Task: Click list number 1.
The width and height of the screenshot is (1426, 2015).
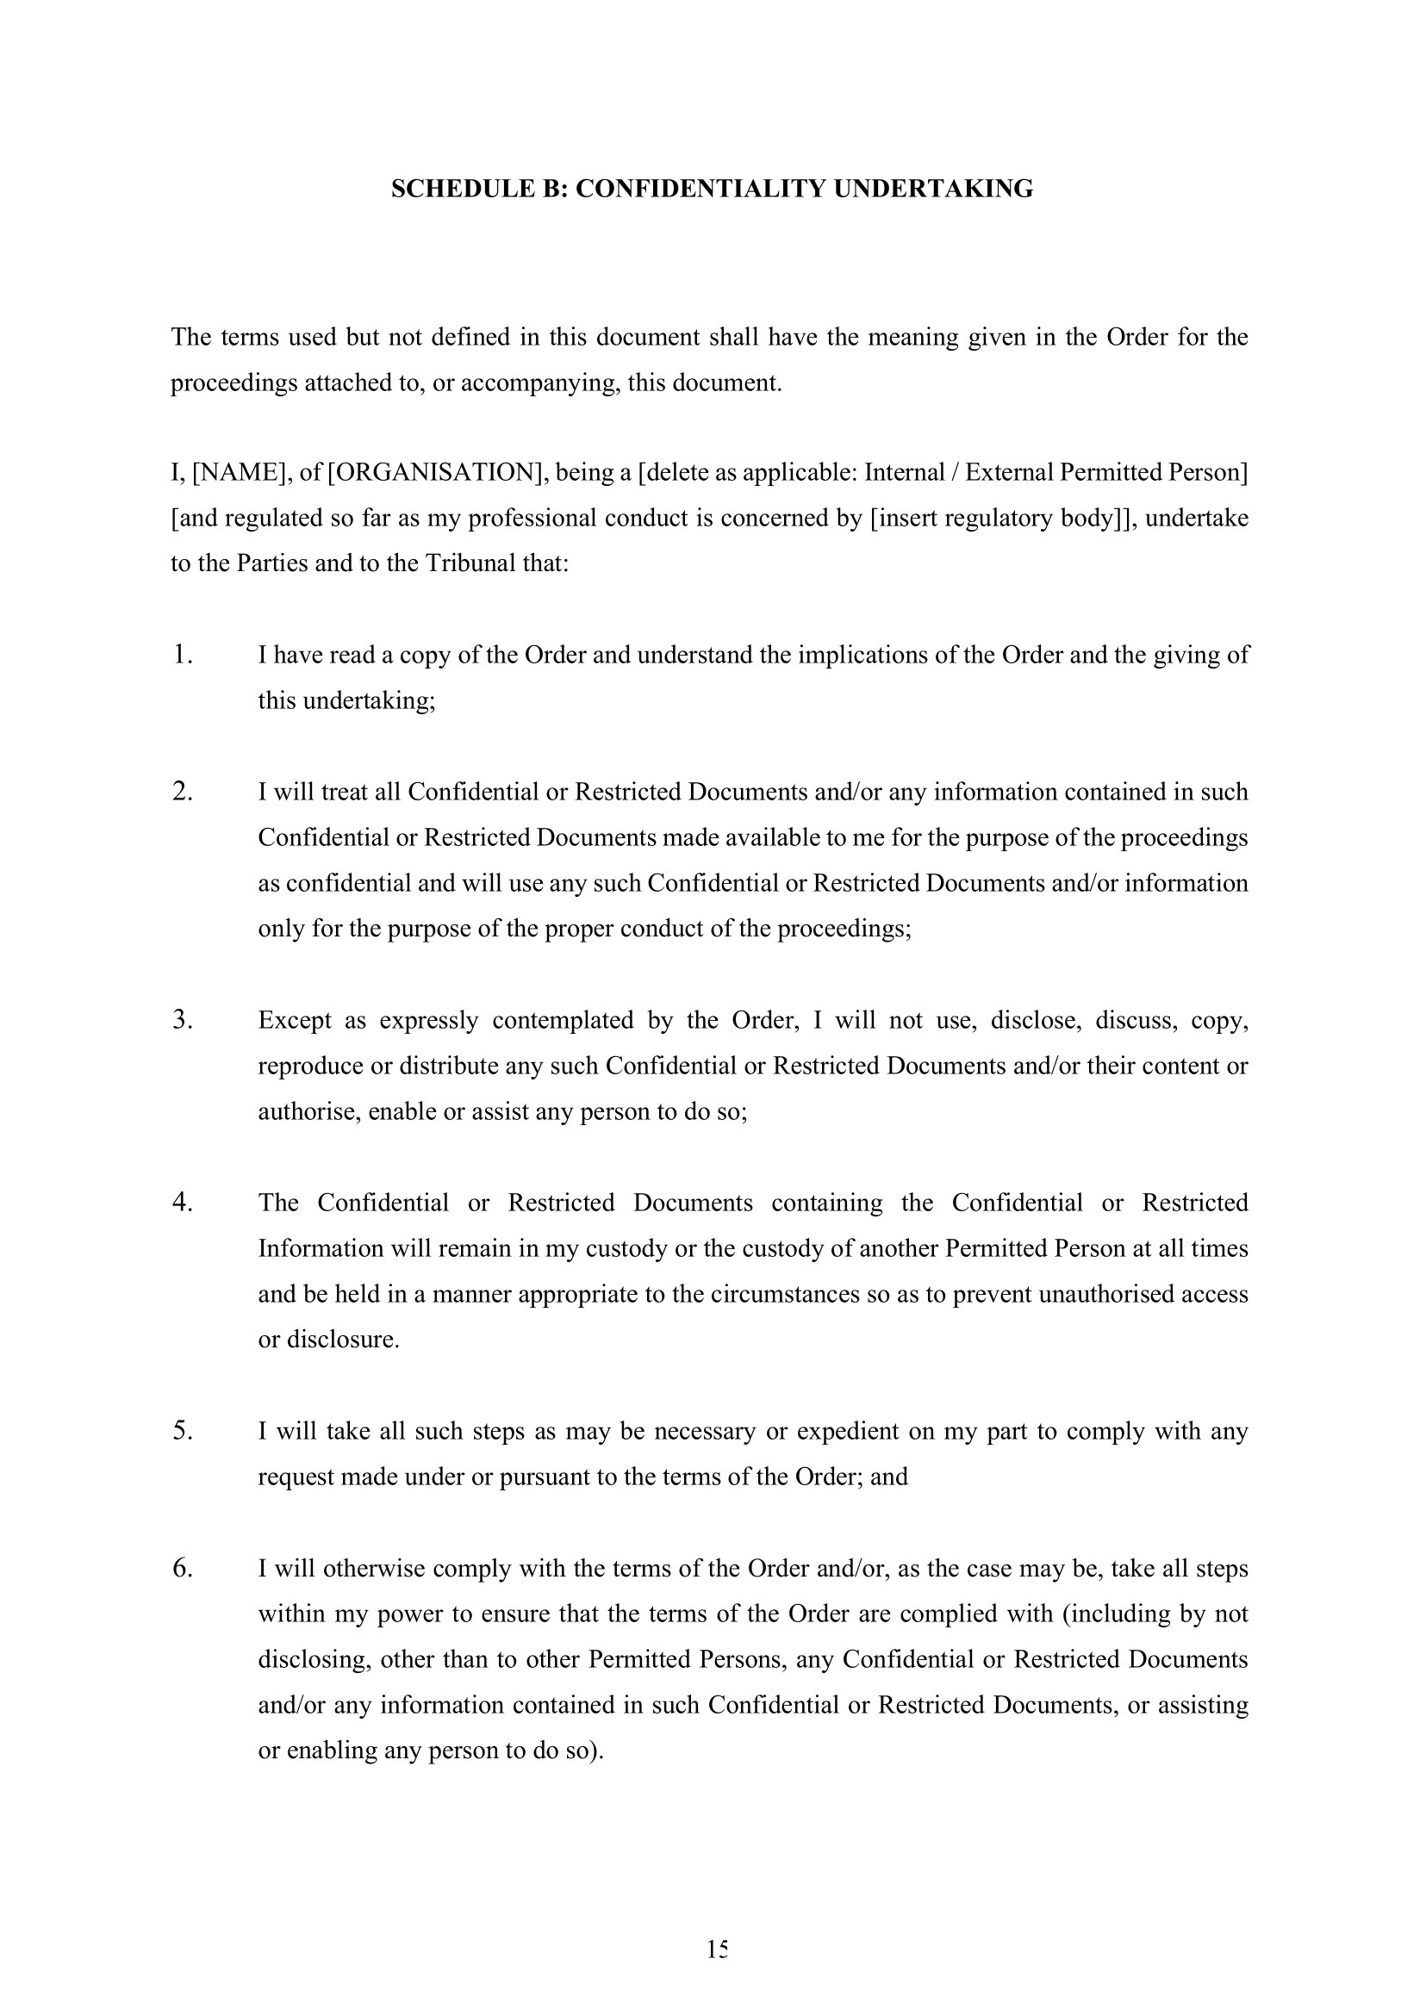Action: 182,654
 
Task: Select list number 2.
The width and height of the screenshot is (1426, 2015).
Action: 182,791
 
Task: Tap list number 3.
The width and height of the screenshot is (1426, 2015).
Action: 182,1019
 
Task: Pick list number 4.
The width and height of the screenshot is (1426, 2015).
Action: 182,1202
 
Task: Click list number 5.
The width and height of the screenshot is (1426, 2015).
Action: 182,1430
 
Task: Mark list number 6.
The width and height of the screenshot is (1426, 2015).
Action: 182,1567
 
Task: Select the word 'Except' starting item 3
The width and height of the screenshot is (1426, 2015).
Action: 295,1020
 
